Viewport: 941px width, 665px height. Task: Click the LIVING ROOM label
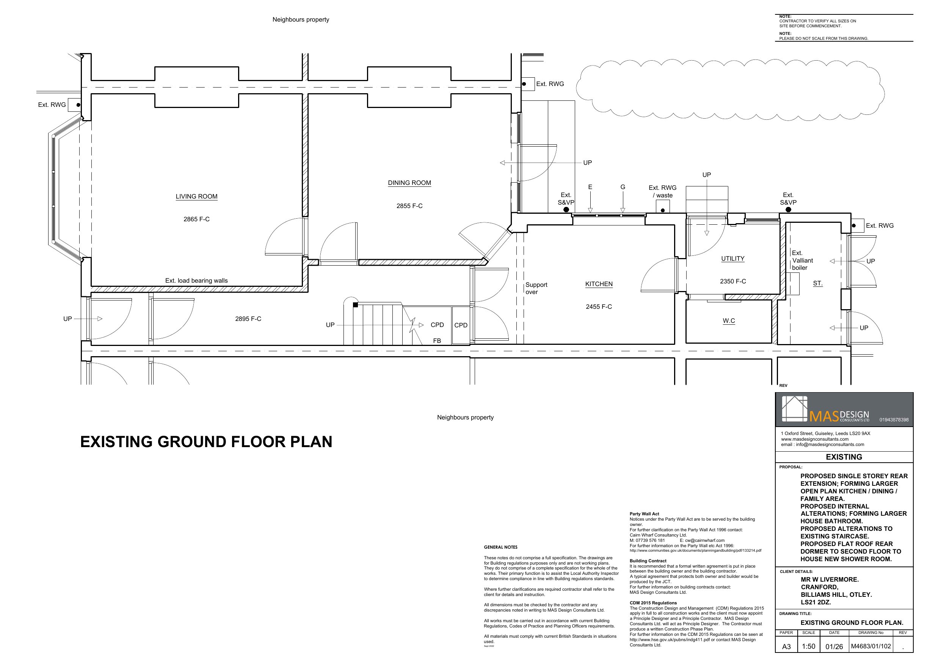[196, 196]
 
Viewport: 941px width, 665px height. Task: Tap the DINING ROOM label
[409, 183]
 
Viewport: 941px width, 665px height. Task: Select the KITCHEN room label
[599, 284]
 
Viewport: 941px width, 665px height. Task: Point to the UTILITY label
[733, 258]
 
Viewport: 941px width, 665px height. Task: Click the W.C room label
[729, 321]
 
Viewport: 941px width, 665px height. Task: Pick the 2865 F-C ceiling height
[196, 219]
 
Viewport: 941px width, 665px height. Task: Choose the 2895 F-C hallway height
[248, 319]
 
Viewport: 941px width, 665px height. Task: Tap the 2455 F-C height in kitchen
[599, 307]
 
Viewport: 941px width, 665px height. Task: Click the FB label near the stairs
[437, 341]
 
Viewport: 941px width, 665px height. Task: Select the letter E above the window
[590, 187]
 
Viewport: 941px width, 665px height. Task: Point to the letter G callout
[623, 187]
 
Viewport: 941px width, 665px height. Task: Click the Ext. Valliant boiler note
[802, 260]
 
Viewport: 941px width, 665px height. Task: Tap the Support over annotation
[536, 288]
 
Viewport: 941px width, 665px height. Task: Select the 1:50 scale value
[808, 646]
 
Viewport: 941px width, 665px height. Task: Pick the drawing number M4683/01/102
[871, 646]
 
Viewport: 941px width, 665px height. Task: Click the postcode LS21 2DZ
[816, 602]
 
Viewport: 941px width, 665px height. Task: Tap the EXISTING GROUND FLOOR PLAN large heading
[206, 442]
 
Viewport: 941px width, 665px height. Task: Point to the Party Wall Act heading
[644, 514]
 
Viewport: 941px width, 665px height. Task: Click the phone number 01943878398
[894, 419]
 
